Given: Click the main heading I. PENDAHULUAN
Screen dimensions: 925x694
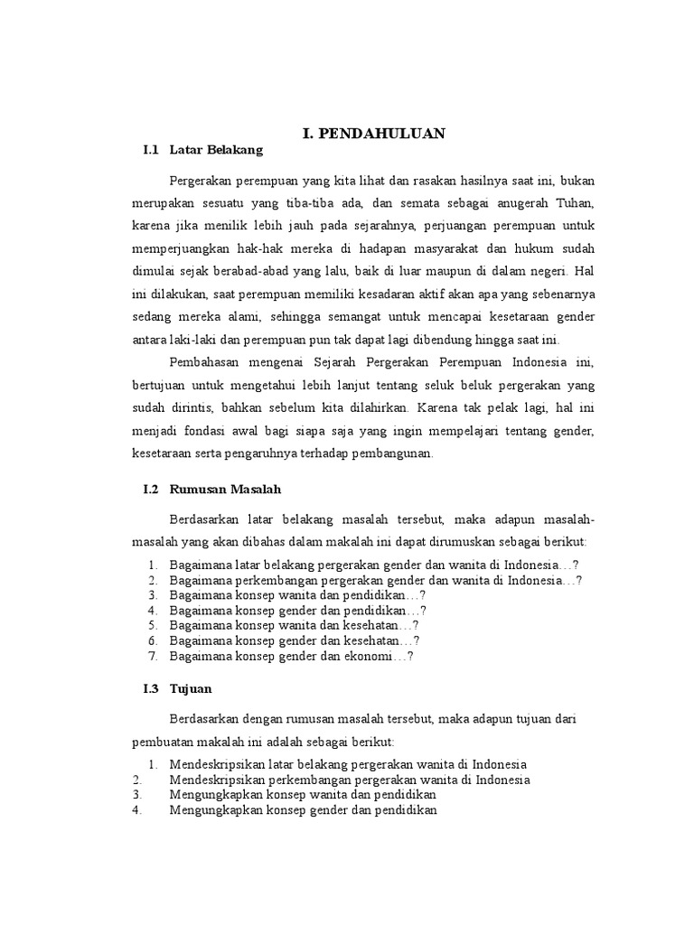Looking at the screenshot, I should [x=374, y=134].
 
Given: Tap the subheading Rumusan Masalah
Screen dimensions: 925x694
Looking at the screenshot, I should [x=226, y=489].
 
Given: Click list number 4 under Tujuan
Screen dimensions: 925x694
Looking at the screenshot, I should [x=136, y=810].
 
